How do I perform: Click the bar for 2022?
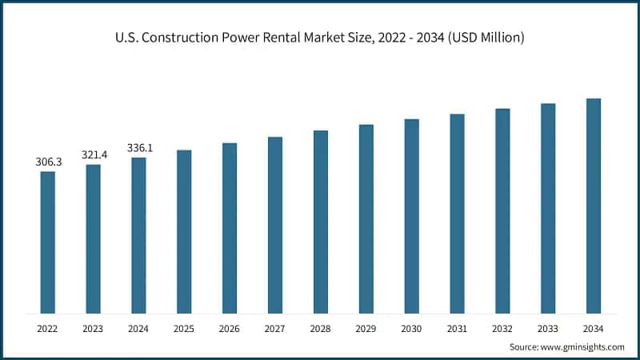48,242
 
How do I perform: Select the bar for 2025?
184,232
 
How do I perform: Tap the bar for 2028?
321,222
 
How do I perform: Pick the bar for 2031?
457,214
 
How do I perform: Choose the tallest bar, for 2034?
593,206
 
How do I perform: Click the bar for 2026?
230,228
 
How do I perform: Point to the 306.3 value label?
48,162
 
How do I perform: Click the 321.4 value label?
94,154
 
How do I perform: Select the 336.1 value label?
139,148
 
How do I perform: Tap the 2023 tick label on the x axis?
94,328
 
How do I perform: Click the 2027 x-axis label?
275,328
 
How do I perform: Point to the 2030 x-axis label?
411,328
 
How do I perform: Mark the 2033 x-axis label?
548,328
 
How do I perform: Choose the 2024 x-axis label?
139,328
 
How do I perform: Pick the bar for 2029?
366,218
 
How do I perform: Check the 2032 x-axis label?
502,328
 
